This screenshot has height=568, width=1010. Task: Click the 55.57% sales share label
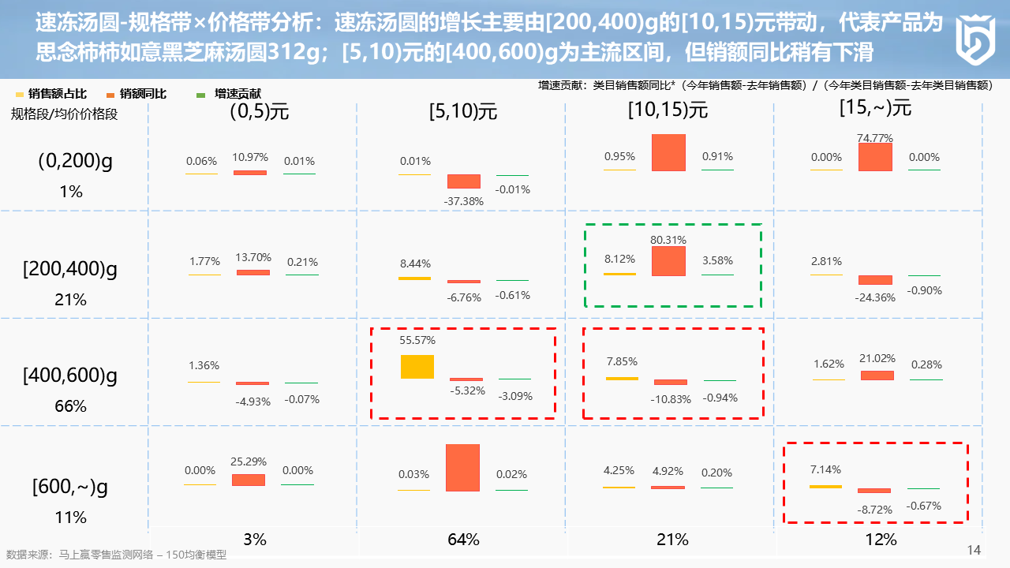[x=417, y=340]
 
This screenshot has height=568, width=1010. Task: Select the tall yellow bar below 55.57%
[x=417, y=367]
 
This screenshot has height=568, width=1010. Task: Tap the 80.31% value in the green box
[x=668, y=240]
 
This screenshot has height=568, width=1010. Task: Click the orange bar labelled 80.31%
[x=668, y=261]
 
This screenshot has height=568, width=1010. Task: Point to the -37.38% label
[x=463, y=201]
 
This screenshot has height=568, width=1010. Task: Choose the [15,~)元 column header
[x=875, y=107]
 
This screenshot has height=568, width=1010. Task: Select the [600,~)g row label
[x=70, y=488]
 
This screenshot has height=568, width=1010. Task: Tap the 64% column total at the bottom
[x=463, y=540]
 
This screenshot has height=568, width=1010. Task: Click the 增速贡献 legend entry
[x=238, y=94]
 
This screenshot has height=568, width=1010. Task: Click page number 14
[x=974, y=550]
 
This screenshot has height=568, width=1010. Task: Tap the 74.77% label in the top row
[x=875, y=138]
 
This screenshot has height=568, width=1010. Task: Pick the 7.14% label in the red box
[x=825, y=469]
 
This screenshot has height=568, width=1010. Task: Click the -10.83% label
[x=671, y=398]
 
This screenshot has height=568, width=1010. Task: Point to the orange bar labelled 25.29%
[x=249, y=480]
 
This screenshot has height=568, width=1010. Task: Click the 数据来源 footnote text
[x=116, y=555]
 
